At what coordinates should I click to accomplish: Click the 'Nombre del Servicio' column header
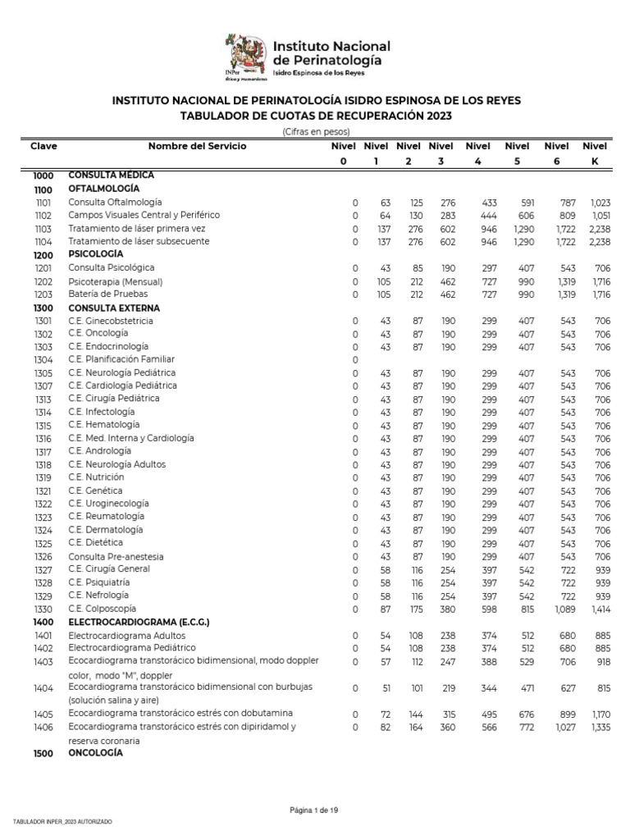197,146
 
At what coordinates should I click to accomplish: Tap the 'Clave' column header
43,146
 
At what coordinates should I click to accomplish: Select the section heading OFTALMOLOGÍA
104,189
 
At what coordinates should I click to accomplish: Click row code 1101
43,203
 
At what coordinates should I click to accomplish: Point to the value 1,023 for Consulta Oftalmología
600,203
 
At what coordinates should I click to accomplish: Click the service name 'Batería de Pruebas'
111,294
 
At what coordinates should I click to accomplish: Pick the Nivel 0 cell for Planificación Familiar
355,360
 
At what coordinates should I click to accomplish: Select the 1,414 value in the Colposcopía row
600,609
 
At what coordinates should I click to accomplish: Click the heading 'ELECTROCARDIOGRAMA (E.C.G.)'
139,622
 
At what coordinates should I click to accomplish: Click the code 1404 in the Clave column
43,689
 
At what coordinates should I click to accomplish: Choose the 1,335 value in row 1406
600,727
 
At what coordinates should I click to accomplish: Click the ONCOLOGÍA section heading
95,753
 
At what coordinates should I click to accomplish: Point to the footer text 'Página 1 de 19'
314,810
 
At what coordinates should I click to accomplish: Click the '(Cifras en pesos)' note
316,131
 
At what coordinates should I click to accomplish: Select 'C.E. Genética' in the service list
96,491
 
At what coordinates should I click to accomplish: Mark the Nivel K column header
595,153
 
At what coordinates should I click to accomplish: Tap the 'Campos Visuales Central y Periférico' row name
144,215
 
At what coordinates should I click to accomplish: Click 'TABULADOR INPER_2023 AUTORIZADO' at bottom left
62,822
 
